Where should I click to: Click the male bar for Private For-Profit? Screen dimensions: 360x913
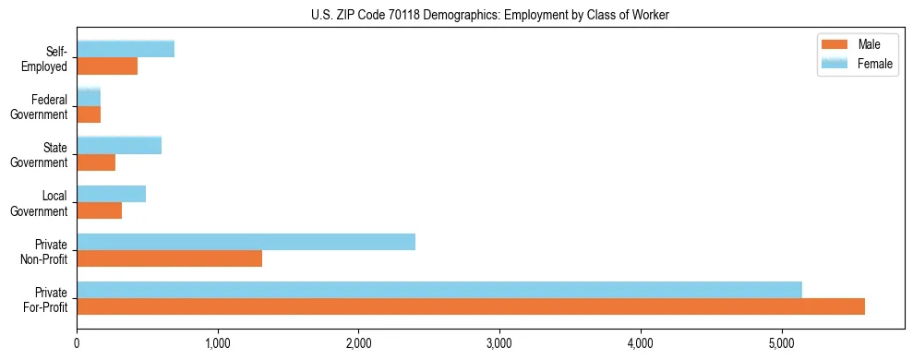[471, 306]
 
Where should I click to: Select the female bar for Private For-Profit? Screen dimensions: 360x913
[439, 290]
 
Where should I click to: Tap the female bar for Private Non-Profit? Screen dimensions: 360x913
[246, 242]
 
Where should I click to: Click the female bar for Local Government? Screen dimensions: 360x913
[111, 194]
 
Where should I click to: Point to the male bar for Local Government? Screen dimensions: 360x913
[99, 210]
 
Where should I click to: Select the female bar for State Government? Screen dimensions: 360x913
[119, 145]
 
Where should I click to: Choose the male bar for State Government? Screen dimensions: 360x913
[96, 162]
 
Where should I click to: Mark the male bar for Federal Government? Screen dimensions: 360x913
[89, 114]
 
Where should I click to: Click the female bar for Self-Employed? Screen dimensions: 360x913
[126, 49]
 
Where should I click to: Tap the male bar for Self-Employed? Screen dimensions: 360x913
[107, 66]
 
